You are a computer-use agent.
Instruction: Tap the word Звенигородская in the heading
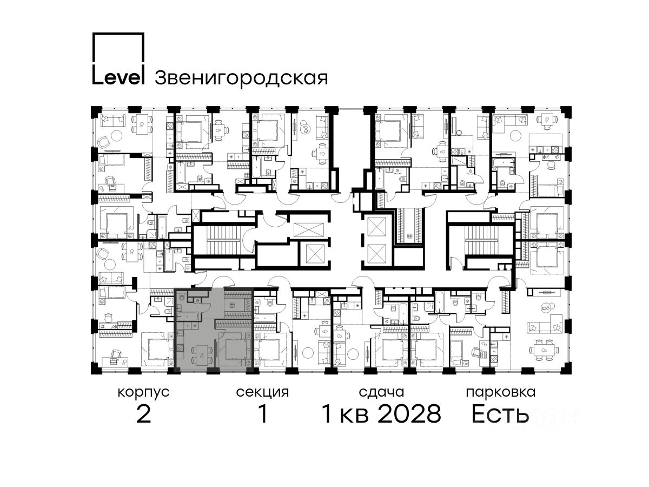(241, 78)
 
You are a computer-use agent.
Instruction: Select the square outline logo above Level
(118, 47)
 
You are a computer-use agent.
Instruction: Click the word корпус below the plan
(143, 393)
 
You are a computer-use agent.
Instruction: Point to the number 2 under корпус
(144, 413)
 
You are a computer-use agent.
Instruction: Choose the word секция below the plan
(262, 393)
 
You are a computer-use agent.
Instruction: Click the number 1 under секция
(262, 413)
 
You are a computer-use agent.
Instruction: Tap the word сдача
(381, 392)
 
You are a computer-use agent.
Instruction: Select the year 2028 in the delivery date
(410, 413)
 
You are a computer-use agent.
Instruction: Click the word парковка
(501, 393)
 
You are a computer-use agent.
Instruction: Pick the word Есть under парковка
(500, 413)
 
